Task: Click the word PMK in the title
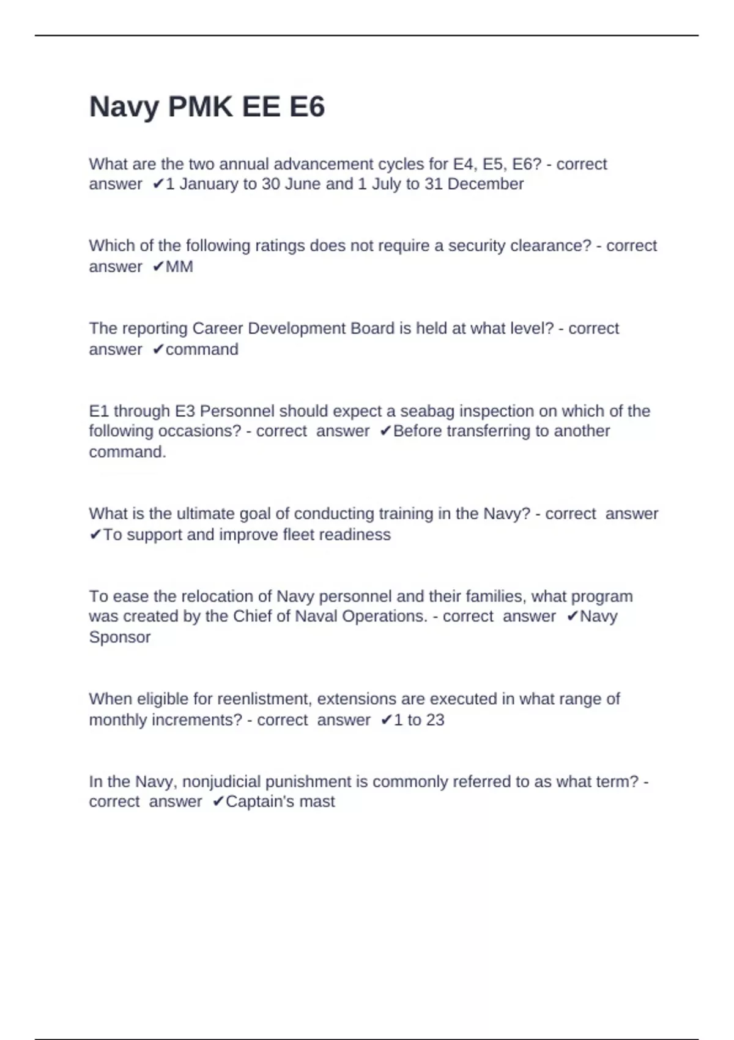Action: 200,107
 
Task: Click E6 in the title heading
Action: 306,107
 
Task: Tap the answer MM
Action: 179,267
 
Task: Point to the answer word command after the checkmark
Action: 202,349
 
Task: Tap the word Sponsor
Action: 120,637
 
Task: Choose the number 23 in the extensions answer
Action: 435,720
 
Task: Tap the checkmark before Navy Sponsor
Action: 572,617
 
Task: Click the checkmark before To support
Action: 95,535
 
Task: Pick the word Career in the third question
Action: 218,329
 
